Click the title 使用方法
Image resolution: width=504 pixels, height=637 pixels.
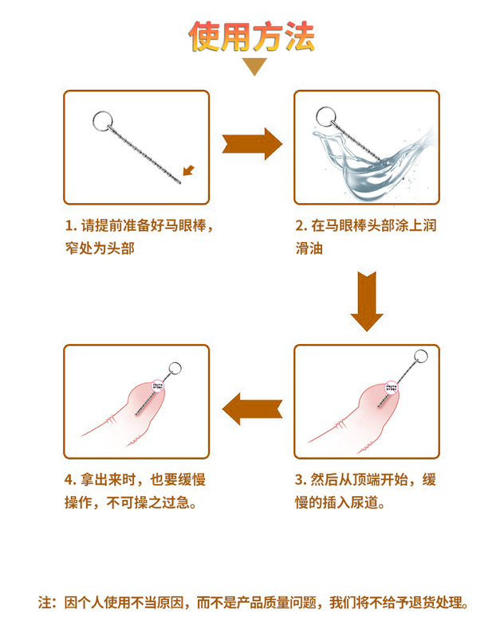(252, 36)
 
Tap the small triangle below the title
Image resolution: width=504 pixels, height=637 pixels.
(253, 67)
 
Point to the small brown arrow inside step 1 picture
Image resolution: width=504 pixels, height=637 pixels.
(188, 169)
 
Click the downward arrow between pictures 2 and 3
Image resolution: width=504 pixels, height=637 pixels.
(366, 301)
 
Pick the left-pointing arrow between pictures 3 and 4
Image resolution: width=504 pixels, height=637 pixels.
(252, 409)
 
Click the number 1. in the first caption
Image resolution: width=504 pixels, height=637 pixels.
(70, 225)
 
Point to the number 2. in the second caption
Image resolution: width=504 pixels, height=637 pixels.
(301, 225)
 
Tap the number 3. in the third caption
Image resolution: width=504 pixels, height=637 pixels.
(301, 480)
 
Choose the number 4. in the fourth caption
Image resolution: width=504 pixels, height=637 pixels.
(70, 480)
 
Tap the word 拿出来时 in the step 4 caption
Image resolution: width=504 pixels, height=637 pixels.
(110, 480)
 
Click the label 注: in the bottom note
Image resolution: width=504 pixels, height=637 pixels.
(47, 603)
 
